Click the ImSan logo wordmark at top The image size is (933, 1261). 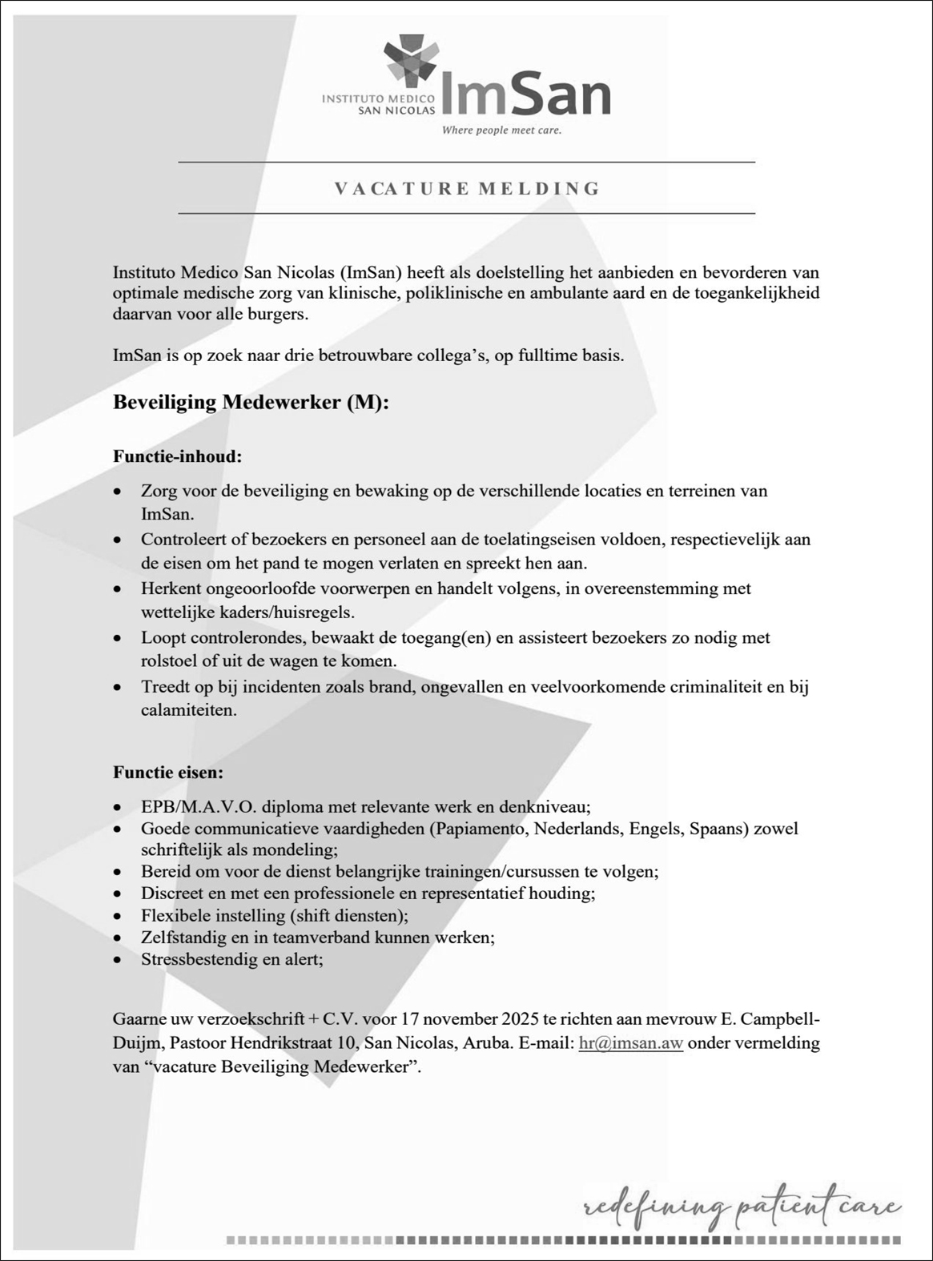coord(525,95)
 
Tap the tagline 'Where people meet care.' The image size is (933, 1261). coord(501,131)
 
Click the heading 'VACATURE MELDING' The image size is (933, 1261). coord(467,189)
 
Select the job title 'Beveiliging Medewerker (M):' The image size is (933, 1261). coord(251,402)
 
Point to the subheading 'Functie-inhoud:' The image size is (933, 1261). coord(177,457)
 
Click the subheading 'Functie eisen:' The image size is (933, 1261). coord(168,773)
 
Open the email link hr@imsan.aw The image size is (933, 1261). coord(630,1043)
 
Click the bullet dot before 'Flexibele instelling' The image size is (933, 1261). coord(119,916)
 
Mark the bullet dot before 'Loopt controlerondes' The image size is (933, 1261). coord(119,639)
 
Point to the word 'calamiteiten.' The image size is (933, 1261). coord(189,710)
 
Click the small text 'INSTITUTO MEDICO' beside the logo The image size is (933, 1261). coord(378,98)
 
